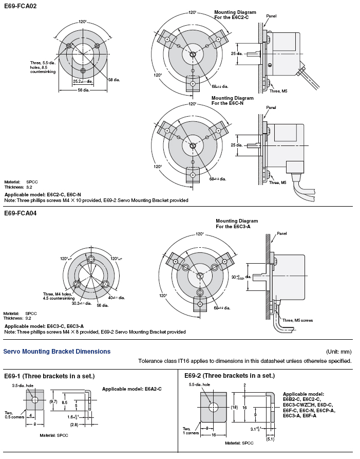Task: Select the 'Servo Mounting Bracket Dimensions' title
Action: tap(57, 352)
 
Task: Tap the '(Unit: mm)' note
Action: tap(338, 352)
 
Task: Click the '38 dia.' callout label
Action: tap(113, 79)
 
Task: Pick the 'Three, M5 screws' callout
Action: tap(297, 320)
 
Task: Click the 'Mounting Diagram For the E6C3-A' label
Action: tap(237, 224)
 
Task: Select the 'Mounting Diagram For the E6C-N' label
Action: tap(232, 100)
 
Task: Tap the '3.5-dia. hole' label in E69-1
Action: tap(24, 384)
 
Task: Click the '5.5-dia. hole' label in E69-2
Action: tap(200, 384)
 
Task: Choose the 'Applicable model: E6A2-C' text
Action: tap(131, 389)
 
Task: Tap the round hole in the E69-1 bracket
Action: tap(34, 400)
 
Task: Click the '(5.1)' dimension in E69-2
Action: tap(270, 438)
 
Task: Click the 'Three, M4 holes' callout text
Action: tap(59, 295)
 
